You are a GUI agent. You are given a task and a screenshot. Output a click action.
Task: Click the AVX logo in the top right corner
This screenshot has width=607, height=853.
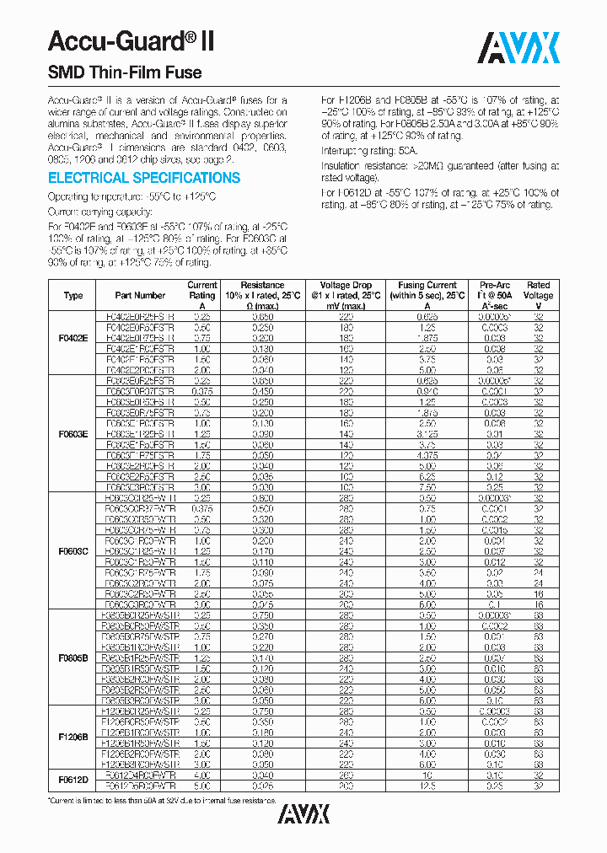(x=520, y=48)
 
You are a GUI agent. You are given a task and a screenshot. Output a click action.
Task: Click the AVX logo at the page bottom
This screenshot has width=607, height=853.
(x=303, y=813)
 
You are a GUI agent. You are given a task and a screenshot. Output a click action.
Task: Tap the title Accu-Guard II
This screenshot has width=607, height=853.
(x=131, y=41)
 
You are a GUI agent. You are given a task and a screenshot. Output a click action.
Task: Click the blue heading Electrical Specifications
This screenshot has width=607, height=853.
(x=144, y=178)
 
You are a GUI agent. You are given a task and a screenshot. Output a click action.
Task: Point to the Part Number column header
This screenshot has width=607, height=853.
(x=140, y=296)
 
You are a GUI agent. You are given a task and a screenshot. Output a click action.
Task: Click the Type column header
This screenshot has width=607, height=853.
(x=73, y=296)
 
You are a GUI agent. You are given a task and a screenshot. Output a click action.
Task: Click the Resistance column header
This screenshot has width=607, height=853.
(x=262, y=295)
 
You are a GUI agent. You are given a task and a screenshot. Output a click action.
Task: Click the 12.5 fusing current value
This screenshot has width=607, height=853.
(x=428, y=785)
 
